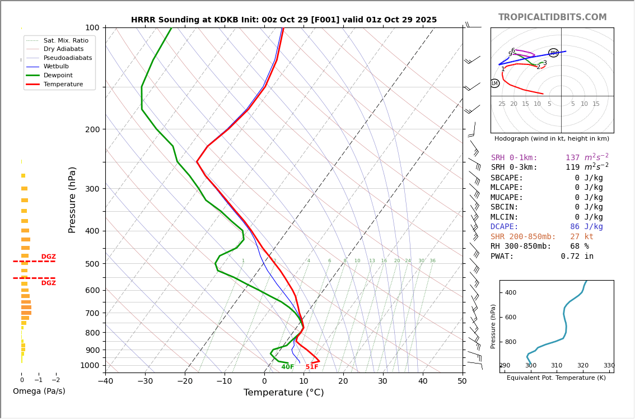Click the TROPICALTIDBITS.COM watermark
(x=552, y=17)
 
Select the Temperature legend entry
(x=63, y=84)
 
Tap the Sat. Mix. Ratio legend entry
(x=66, y=40)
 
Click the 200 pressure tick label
(x=92, y=129)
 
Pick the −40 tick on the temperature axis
(x=105, y=381)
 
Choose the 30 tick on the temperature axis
(x=382, y=381)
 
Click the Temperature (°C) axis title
(x=283, y=393)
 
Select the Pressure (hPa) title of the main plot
(x=72, y=199)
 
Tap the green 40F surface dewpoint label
(x=288, y=367)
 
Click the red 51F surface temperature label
(x=312, y=367)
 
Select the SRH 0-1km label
(x=514, y=158)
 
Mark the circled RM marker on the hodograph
(x=553, y=53)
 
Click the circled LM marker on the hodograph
(x=494, y=83)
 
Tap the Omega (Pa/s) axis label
(x=39, y=391)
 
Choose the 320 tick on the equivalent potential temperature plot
(x=583, y=365)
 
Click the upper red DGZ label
(x=48, y=257)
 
